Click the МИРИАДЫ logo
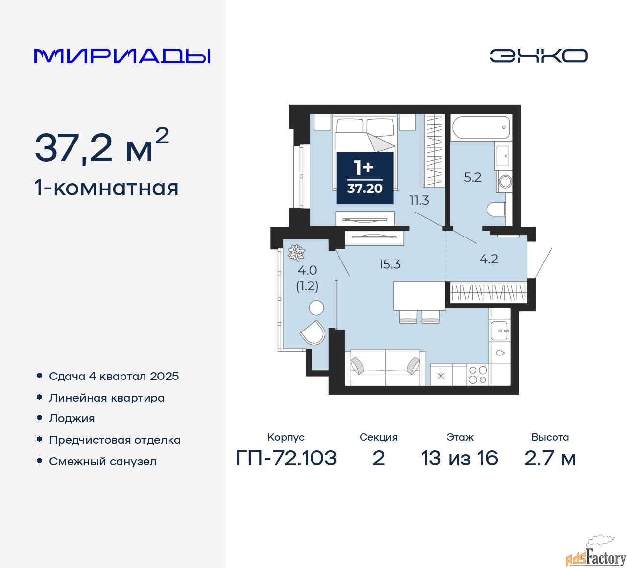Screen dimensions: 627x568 [122, 56]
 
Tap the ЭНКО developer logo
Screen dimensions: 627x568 [538, 56]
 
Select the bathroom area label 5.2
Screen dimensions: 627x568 [472, 177]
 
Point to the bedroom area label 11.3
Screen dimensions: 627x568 [419, 200]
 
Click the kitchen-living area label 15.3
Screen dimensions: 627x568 [389, 264]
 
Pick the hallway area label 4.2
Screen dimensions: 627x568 [488, 259]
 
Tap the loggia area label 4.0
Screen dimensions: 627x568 [307, 270]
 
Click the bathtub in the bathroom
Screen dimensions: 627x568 [481, 127]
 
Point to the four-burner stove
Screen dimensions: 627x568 [478, 375]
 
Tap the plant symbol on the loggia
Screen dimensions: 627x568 [296, 253]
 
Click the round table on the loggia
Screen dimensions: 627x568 [316, 308]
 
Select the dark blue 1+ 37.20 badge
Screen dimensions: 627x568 [365, 178]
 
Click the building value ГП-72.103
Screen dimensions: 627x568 [286, 458]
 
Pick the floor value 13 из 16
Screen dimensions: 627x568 [459, 458]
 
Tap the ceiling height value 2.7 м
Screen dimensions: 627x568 [550, 458]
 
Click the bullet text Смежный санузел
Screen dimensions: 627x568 [103, 461]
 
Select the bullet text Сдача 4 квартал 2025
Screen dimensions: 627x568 [114, 376]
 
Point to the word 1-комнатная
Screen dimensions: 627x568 [107, 188]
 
